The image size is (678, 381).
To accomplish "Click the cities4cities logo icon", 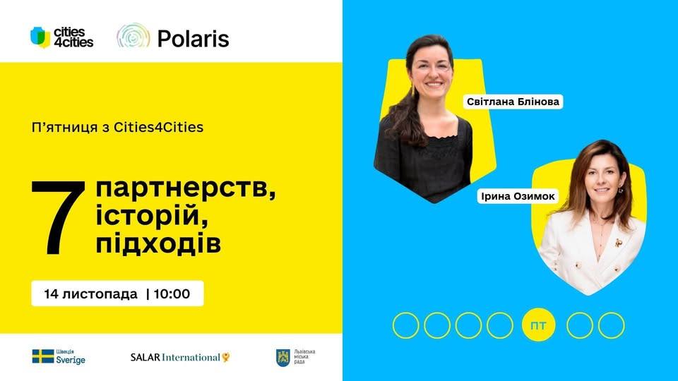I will coord(40,37).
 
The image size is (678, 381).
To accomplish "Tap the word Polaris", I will coord(193,38).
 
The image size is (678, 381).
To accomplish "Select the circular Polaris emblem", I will coord(133,37).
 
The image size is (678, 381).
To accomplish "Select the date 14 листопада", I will coord(90,294).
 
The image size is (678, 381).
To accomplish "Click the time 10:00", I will coord(172,294).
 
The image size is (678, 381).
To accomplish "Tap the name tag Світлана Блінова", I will coord(513,102).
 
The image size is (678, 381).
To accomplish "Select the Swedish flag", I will coord(42,356).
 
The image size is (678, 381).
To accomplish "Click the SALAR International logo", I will coord(180,357).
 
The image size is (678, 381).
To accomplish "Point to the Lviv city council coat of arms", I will coord(282,357).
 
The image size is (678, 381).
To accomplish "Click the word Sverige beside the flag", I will coord(71,360).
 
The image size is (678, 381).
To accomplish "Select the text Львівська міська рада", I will coord(304,357).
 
